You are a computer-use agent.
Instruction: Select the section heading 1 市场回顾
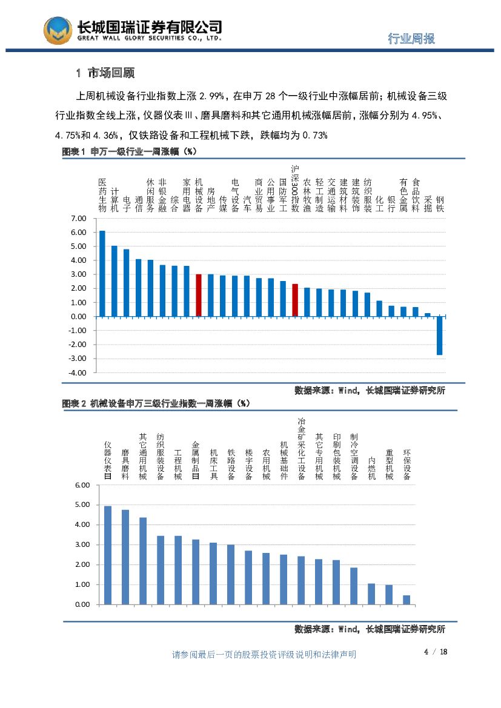point(105,73)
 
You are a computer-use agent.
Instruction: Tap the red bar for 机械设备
point(198,295)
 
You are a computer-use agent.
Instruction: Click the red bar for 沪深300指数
point(295,300)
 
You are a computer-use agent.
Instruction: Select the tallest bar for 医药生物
point(102,273)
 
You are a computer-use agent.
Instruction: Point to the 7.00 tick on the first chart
point(79,219)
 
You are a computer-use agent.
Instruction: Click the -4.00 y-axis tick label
point(78,372)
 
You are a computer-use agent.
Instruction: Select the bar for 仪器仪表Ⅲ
point(108,555)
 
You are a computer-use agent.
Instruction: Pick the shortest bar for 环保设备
point(406,600)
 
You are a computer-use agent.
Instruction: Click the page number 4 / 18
point(435,652)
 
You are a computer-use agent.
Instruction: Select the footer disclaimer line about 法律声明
point(264,654)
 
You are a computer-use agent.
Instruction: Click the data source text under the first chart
point(370,391)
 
